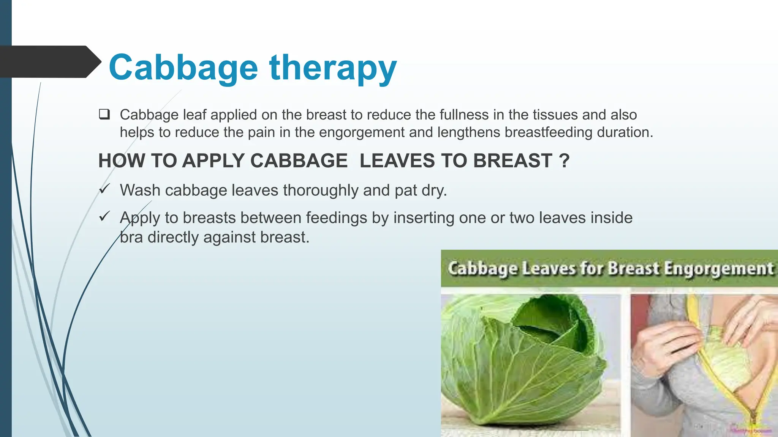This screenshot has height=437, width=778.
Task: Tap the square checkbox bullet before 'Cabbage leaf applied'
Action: pos(104,114)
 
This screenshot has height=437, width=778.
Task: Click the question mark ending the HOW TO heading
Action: pos(565,161)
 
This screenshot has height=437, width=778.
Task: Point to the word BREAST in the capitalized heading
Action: pos(512,161)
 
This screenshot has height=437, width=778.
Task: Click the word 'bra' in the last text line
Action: pos(131,237)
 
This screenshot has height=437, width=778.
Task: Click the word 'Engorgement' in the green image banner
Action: pos(719,269)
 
